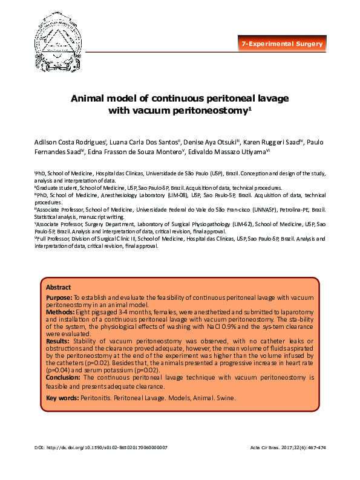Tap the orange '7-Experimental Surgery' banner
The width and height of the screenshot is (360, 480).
click(x=282, y=44)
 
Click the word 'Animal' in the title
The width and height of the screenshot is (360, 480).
click(x=91, y=98)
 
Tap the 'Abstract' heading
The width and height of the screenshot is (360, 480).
click(x=58, y=287)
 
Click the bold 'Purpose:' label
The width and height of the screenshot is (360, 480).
click(x=59, y=299)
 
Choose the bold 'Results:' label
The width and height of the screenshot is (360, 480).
click(x=58, y=341)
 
